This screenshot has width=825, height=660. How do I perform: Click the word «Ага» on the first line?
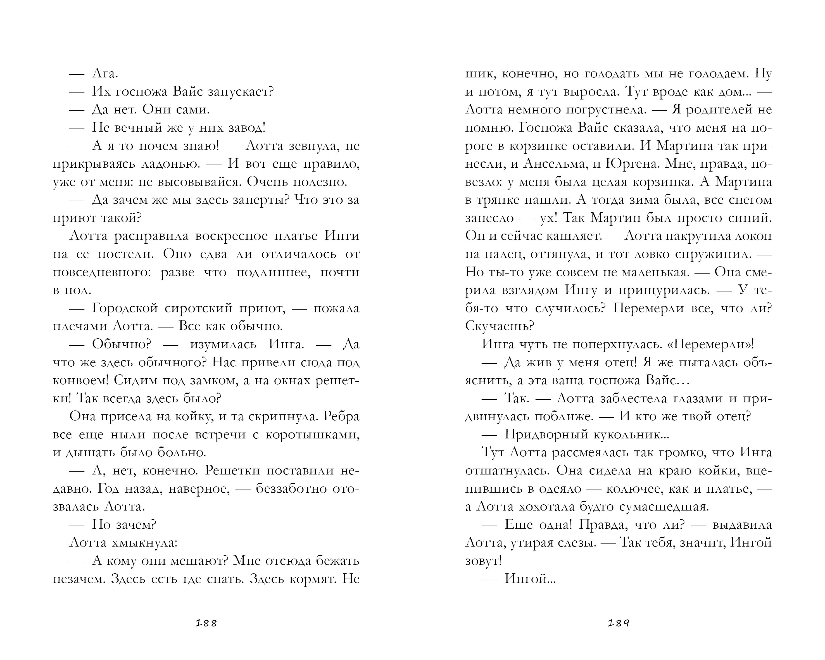point(104,73)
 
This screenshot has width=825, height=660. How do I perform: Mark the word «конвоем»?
point(81,380)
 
